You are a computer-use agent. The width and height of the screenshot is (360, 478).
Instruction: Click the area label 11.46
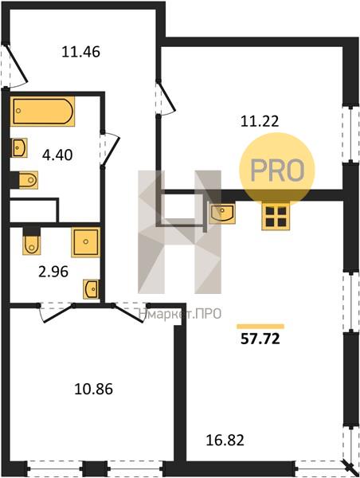(x=80, y=52)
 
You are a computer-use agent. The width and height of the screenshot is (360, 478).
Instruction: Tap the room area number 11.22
(x=260, y=122)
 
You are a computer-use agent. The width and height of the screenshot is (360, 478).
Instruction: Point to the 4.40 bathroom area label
(x=57, y=155)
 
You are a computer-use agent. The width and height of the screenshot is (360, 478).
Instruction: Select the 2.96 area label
(x=53, y=272)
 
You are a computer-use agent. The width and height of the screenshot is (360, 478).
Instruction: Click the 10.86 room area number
(x=94, y=389)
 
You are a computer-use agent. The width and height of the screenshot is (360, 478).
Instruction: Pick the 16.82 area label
(x=225, y=441)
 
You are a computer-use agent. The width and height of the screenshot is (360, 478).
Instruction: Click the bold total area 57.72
(x=260, y=339)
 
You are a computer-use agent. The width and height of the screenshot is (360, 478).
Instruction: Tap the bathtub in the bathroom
(x=43, y=112)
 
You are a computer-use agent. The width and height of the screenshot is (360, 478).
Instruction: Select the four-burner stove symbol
(x=276, y=216)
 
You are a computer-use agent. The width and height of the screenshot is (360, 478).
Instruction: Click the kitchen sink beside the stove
(x=222, y=213)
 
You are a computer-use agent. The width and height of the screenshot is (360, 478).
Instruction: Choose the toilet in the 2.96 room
(x=31, y=241)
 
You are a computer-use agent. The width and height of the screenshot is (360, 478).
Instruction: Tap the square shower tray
(x=86, y=242)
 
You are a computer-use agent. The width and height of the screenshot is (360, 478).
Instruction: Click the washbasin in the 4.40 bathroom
(x=19, y=148)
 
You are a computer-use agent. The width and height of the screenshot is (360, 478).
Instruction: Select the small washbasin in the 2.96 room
(x=91, y=289)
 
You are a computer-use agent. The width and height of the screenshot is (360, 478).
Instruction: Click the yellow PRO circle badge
(x=277, y=170)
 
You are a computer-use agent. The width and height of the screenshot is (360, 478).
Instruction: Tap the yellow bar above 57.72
(x=260, y=327)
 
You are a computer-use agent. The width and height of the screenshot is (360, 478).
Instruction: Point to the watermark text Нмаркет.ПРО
(x=180, y=314)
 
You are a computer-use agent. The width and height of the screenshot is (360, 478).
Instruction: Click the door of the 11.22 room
(x=166, y=97)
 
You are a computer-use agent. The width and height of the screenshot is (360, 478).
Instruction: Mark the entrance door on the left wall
(x=16, y=65)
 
